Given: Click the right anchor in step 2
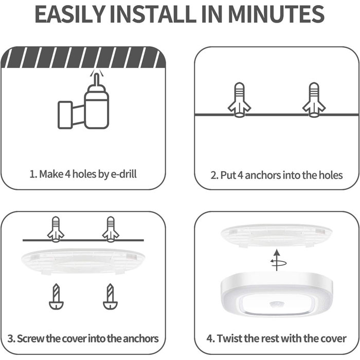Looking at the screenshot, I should [315, 99].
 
